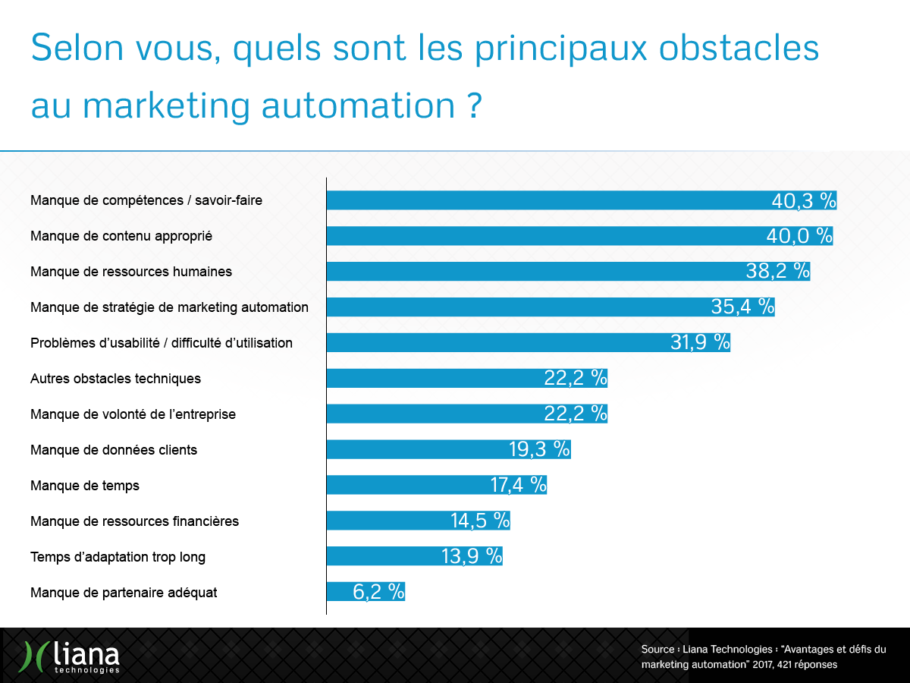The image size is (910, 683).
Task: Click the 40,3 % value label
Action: [803, 200]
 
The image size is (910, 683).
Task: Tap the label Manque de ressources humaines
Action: [131, 272]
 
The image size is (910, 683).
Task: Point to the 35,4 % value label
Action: [742, 307]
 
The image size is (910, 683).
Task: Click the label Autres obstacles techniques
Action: [115, 379]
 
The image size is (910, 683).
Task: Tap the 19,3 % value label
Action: [538, 449]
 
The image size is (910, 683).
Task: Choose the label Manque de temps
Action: [85, 486]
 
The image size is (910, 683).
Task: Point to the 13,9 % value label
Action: [471, 556]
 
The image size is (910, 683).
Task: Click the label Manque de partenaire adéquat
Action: [124, 593]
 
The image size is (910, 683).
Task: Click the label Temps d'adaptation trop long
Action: [118, 557]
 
